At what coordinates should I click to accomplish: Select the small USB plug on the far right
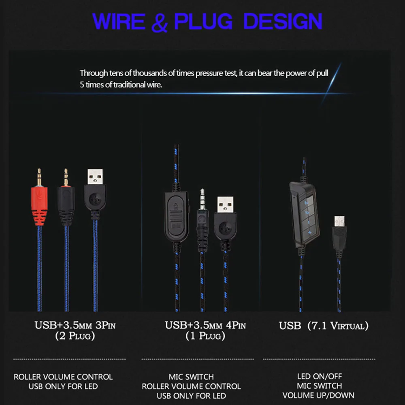(x=339, y=235)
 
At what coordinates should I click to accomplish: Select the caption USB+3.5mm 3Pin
(x=75, y=325)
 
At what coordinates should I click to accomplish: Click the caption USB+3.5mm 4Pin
(x=205, y=325)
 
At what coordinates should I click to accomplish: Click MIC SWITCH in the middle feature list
(x=191, y=377)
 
